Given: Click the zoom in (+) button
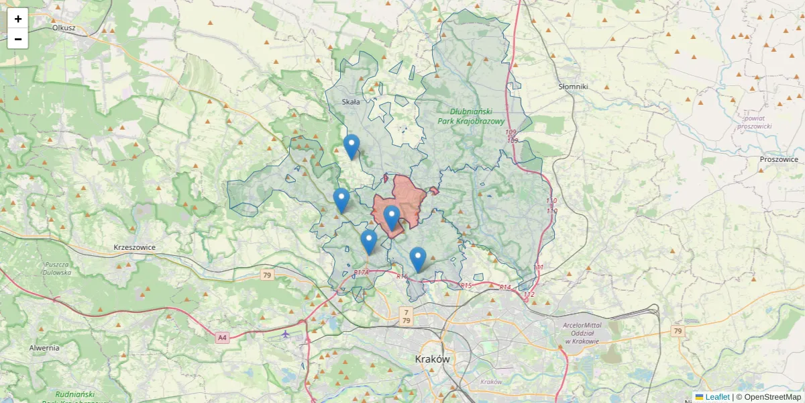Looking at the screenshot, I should pyautogui.click(x=17, y=19).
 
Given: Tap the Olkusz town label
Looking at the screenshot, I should pyautogui.click(x=64, y=28).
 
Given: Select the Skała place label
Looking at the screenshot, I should pyautogui.click(x=351, y=102).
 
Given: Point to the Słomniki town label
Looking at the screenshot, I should pyautogui.click(x=573, y=87).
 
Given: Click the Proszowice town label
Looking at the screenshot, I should pyautogui.click(x=779, y=159).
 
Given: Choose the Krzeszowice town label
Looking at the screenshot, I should pyautogui.click(x=134, y=247).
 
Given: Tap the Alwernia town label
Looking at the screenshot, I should pyautogui.click(x=44, y=348).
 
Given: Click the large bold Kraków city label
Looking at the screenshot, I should pyautogui.click(x=432, y=359).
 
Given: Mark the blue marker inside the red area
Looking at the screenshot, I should pyautogui.click(x=392, y=217).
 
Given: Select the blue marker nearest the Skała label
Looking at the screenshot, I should pyautogui.click(x=351, y=146).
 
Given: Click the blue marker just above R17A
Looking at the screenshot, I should pyautogui.click(x=368, y=241).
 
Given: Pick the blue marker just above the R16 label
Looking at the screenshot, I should pyautogui.click(x=418, y=259).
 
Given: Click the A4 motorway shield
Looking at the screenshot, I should pyautogui.click(x=223, y=338).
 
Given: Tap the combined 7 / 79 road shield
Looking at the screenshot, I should pyautogui.click(x=406, y=316).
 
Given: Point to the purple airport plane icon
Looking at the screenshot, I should pyautogui.click(x=286, y=334).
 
